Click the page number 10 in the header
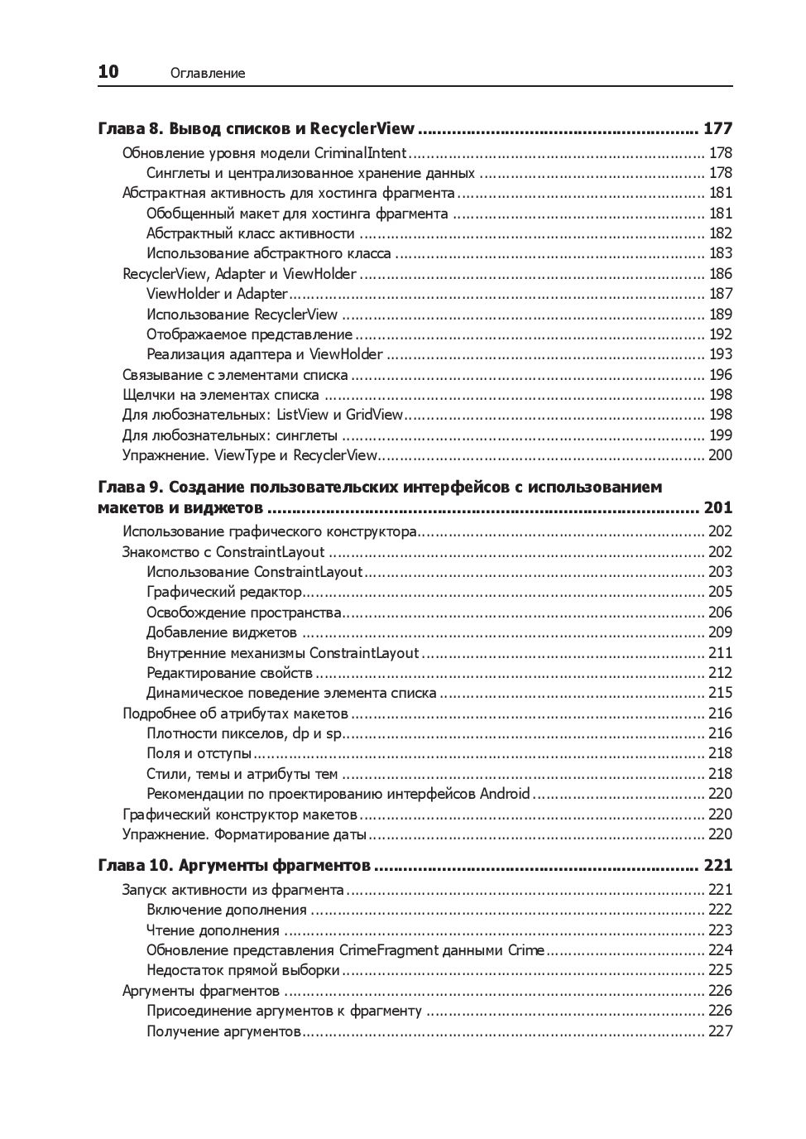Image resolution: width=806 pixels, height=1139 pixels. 108,72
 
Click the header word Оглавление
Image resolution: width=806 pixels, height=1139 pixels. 208,74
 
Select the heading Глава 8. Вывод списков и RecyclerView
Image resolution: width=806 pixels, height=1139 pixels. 256,128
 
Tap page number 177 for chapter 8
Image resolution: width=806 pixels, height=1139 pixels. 717,128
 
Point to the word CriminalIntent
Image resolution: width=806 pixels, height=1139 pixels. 361,153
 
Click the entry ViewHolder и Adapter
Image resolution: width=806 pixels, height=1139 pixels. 217,294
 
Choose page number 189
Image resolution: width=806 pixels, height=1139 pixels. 720,315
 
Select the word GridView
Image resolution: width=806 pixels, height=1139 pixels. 374,415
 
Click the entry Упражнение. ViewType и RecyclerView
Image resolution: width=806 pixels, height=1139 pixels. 249,455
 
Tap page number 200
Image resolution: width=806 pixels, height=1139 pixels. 720,455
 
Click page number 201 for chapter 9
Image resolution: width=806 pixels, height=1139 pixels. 717,508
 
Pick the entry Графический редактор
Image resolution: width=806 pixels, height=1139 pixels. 224,592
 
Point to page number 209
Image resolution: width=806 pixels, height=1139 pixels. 720,632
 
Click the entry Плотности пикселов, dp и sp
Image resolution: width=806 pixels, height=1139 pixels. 244,733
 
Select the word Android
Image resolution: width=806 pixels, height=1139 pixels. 505,794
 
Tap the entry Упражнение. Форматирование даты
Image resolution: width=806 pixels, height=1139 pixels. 244,834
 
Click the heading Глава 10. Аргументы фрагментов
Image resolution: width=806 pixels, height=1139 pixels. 234,866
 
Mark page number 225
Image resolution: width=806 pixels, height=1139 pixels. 720,970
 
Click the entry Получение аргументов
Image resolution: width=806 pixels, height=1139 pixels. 223,1031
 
